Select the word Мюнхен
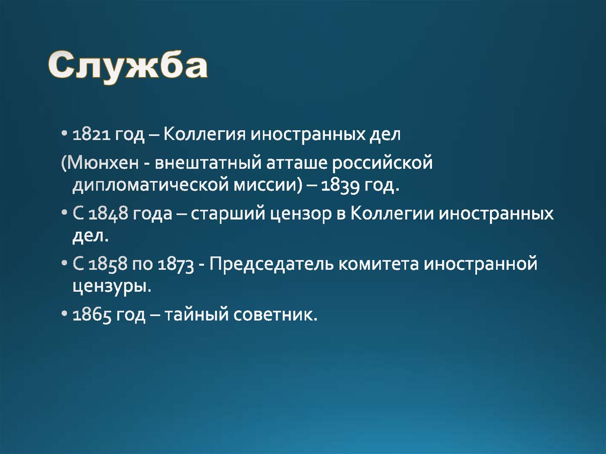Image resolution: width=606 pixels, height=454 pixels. tap(101, 163)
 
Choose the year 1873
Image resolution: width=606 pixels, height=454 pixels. tap(176, 265)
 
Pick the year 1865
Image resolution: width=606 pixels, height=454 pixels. tap(91, 315)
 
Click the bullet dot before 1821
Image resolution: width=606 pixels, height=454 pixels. tap(64, 136)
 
